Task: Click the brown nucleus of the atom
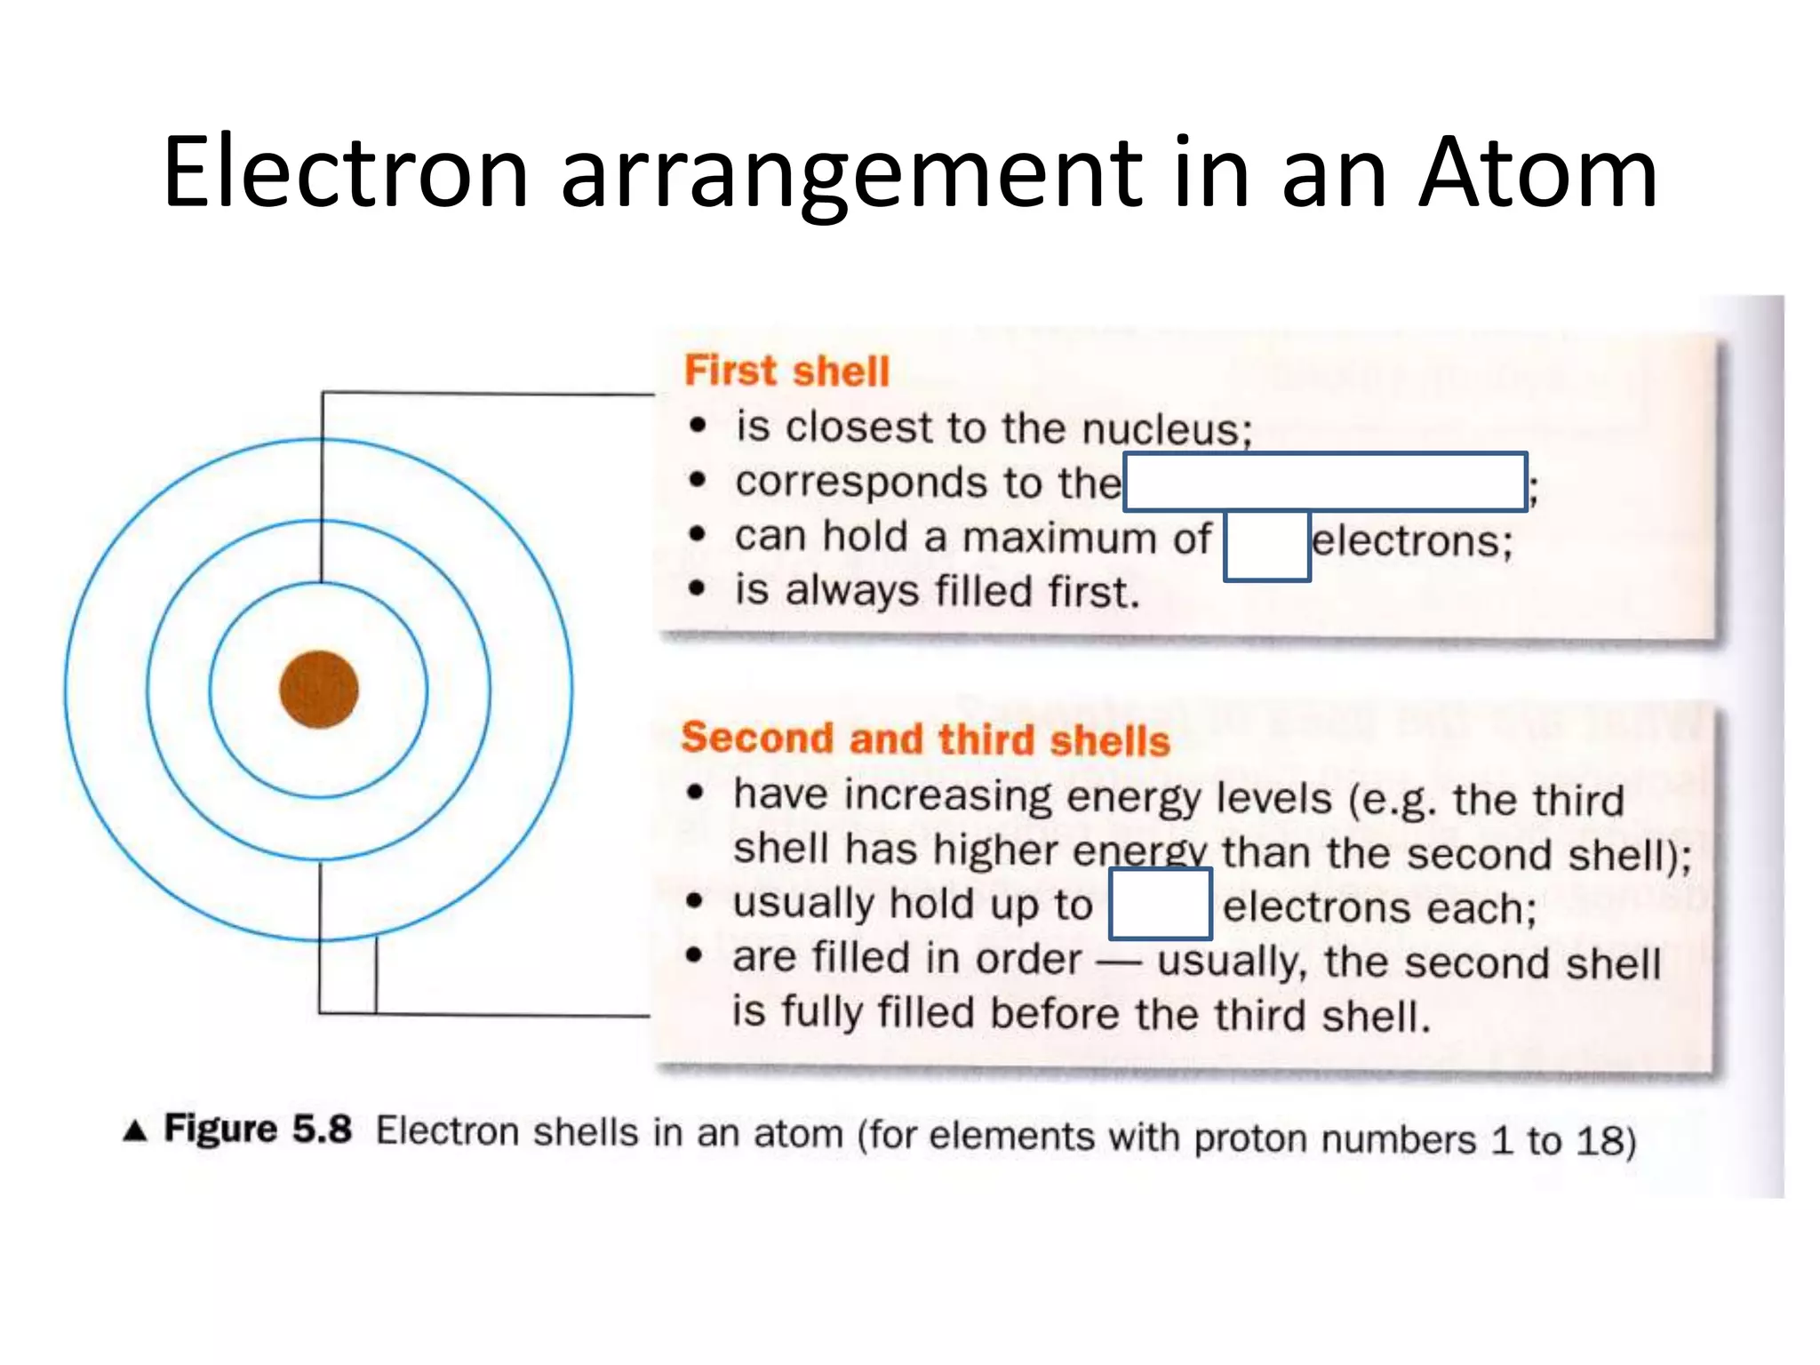click(319, 690)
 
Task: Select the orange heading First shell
click(786, 371)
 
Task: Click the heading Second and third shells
click(925, 739)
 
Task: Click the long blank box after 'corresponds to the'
click(1325, 482)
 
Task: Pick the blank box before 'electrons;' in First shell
click(1266, 546)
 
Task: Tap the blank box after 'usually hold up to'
click(1160, 904)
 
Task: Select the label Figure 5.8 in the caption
click(258, 1130)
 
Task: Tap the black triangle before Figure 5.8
click(135, 1130)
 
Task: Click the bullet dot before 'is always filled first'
click(698, 588)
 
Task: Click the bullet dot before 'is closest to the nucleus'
click(698, 426)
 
